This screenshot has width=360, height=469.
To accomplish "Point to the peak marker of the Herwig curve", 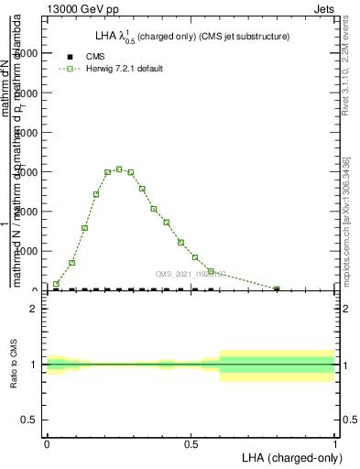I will click(119, 169).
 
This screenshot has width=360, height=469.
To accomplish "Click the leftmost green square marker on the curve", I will click(56, 284).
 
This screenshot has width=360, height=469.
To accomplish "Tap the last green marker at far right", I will click(277, 289).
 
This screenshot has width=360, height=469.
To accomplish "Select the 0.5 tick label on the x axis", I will click(191, 443).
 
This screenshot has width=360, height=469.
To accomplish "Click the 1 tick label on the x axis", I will click(335, 443).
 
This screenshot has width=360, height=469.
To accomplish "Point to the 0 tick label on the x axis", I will click(47, 443).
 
